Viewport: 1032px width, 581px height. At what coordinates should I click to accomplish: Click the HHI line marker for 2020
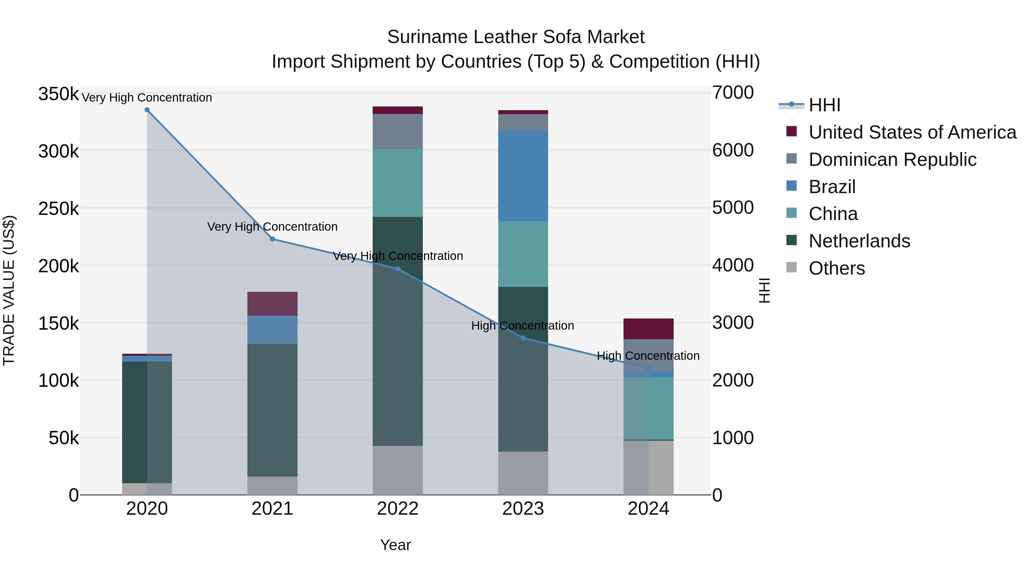pyautogui.click(x=147, y=110)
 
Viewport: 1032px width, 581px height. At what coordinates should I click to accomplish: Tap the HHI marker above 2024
pyautogui.click(x=649, y=368)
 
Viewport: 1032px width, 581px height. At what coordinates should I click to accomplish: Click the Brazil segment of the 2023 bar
pyautogui.click(x=523, y=176)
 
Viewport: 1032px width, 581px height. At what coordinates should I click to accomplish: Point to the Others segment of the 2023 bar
pyautogui.click(x=523, y=473)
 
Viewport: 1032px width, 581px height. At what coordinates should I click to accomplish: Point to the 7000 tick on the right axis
pyautogui.click(x=733, y=93)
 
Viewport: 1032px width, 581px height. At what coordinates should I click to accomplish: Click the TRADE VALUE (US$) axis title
pyautogui.click(x=9, y=290)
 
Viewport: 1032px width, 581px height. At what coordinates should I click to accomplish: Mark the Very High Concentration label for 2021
pyautogui.click(x=272, y=227)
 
